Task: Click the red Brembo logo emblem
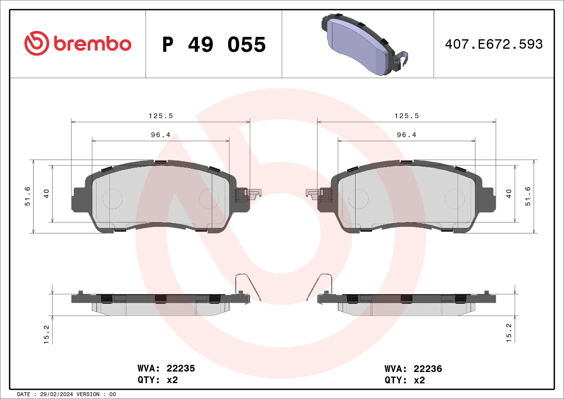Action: (37, 43)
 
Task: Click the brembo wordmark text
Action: (93, 44)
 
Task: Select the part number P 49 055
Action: (214, 45)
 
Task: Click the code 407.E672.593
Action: (494, 44)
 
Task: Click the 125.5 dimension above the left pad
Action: (161, 116)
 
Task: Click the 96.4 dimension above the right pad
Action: (407, 135)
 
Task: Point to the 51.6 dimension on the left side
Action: (27, 196)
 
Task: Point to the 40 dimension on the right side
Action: (509, 194)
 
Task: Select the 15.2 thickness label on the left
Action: (46, 334)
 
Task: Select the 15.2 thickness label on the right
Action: (509, 333)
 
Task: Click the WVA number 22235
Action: (181, 368)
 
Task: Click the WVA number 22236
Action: (428, 369)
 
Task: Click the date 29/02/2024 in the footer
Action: (56, 394)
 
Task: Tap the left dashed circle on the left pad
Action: (113, 199)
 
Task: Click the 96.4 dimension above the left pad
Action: (161, 135)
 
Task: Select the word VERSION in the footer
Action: (88, 394)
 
